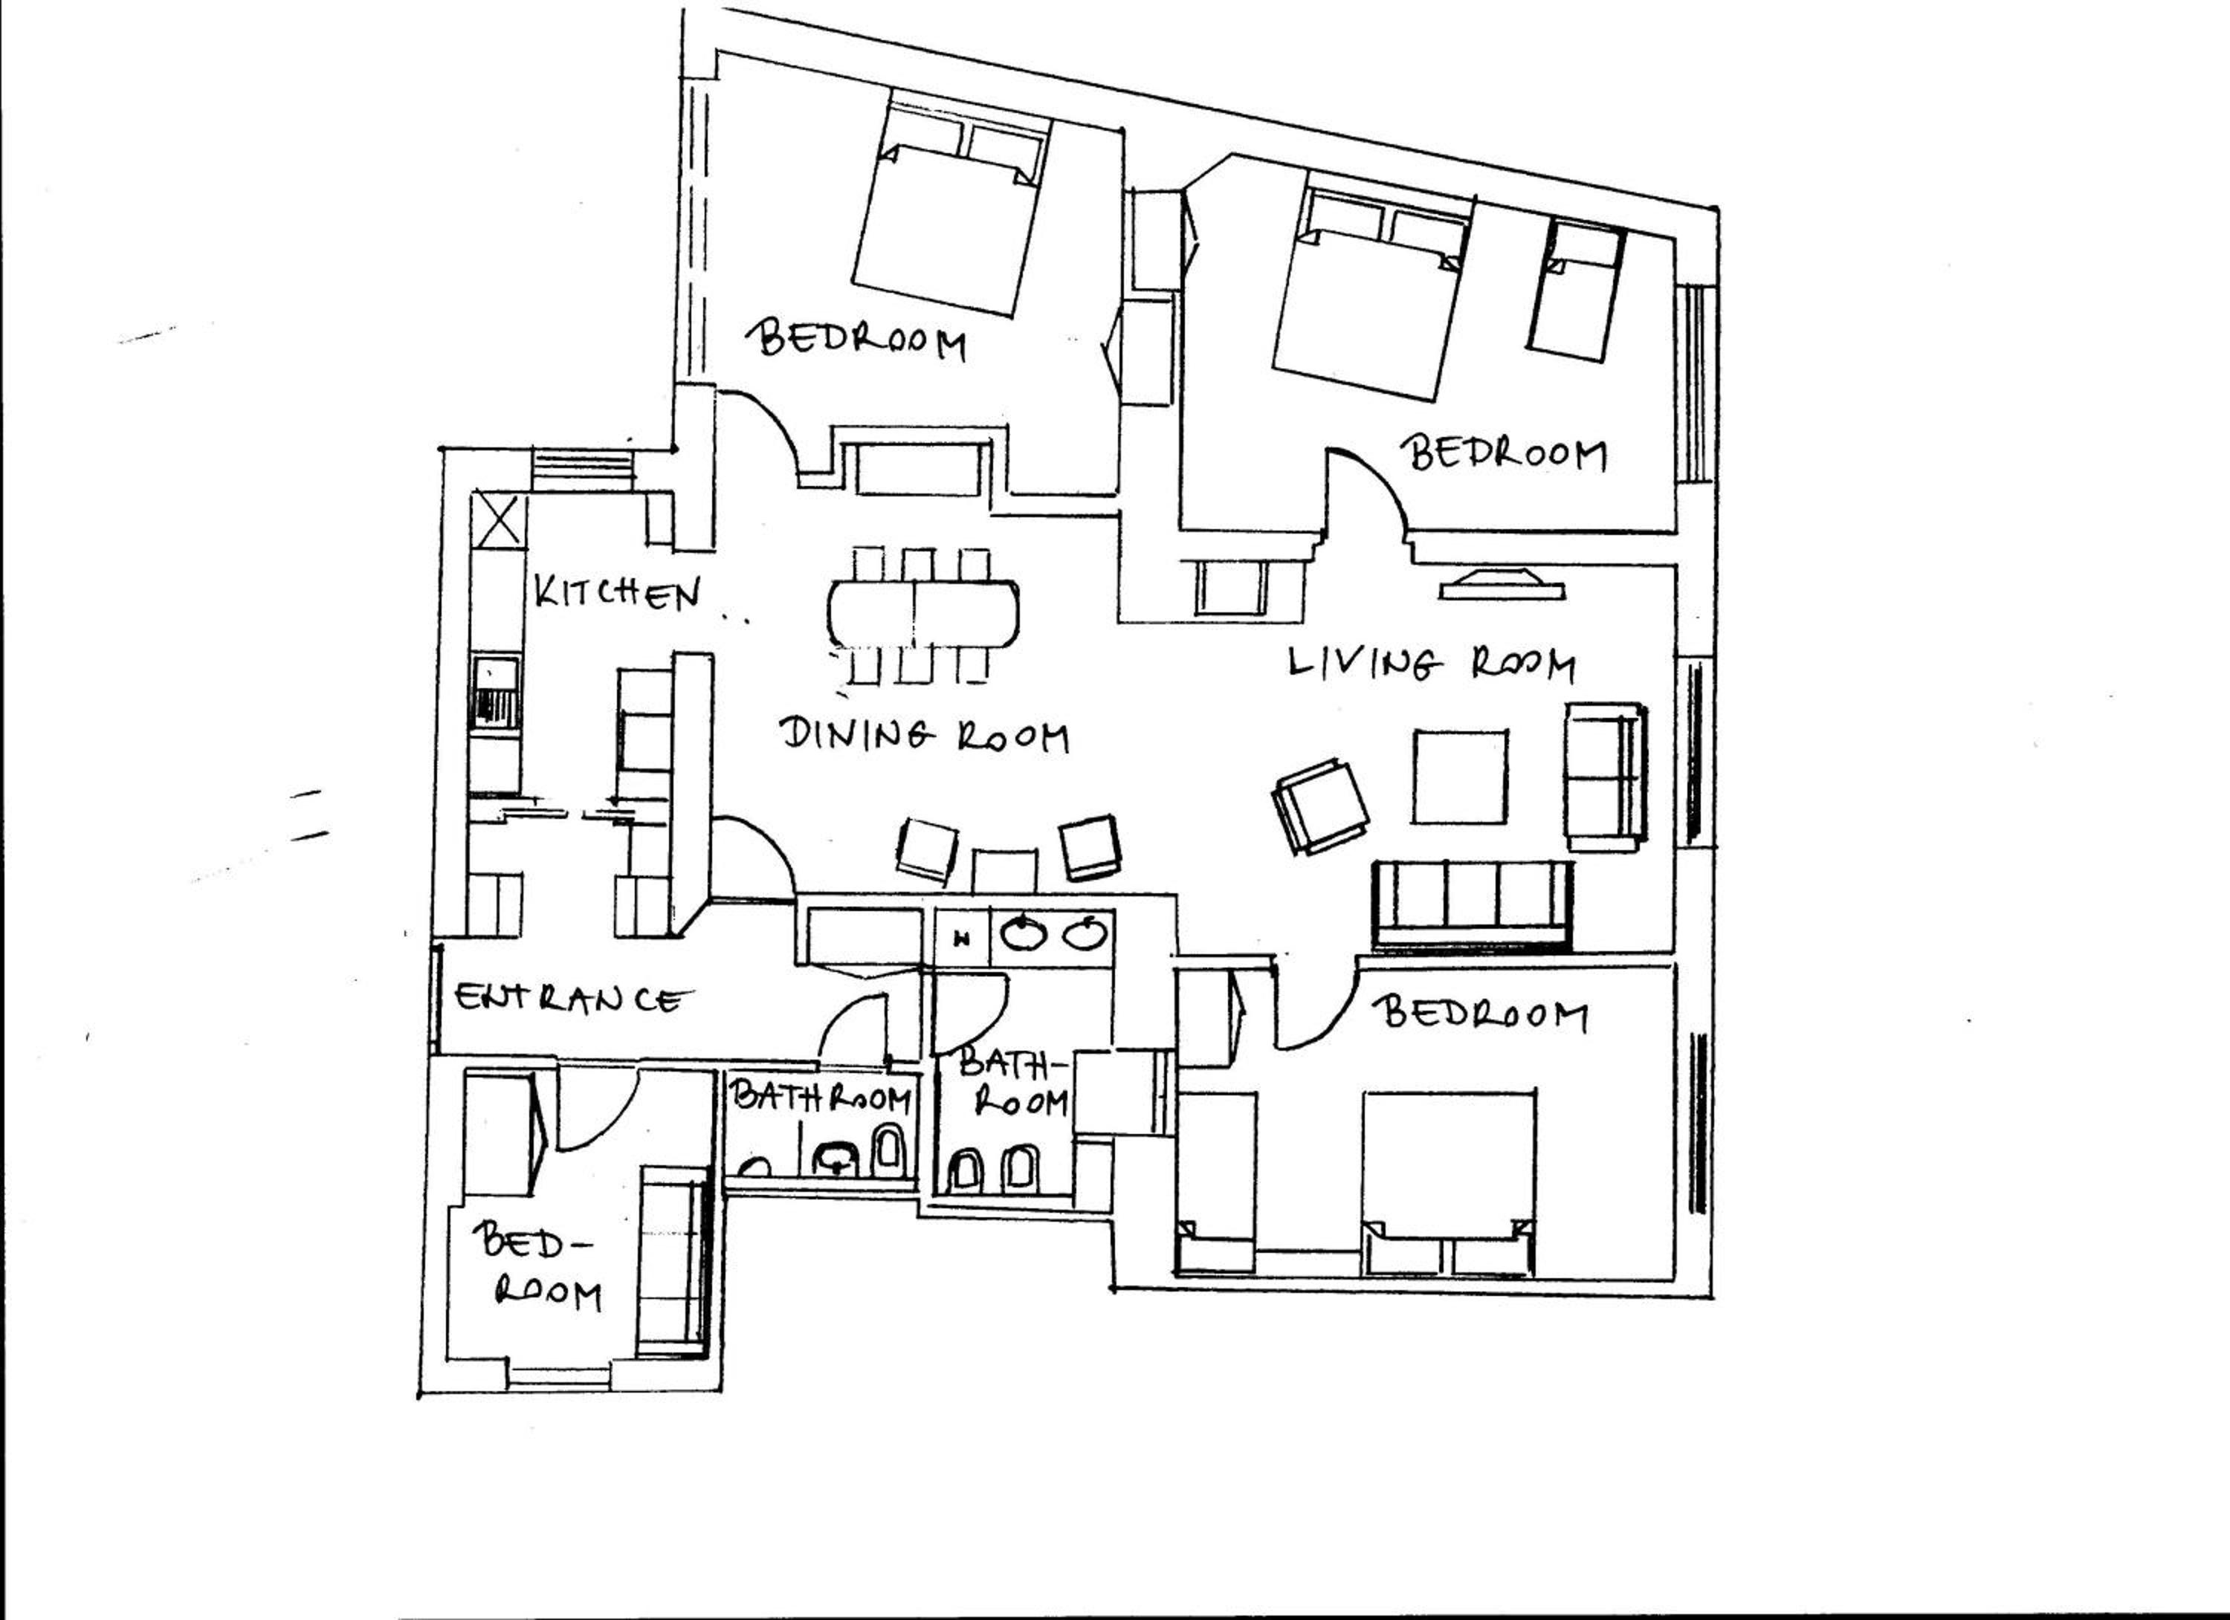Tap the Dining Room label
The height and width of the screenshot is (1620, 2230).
coord(924,735)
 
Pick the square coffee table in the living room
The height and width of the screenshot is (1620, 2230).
coord(1460,777)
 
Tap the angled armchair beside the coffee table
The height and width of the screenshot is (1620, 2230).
coord(1320,807)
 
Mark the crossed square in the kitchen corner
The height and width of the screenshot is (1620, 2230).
coord(499,520)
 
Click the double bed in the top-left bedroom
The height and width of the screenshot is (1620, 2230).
coord(951,204)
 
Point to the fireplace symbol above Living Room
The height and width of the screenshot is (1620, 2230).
coord(1502,583)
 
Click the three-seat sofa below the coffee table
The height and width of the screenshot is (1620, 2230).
coord(1472,905)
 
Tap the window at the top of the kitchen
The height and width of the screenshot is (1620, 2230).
coord(581,470)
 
